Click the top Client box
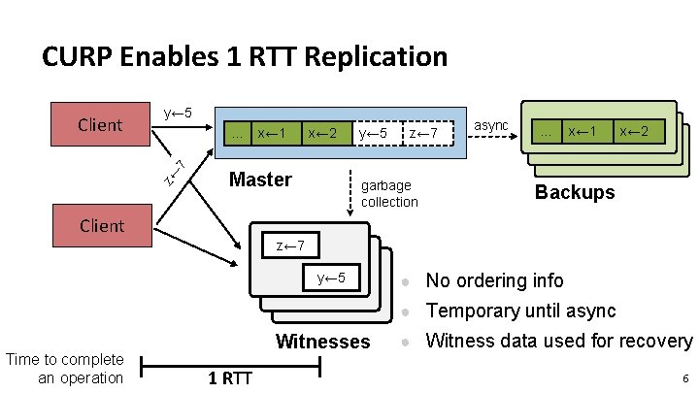101,124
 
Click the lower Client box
101,225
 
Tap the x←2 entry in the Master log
322,132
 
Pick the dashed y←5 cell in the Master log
374,132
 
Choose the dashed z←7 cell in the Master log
427,132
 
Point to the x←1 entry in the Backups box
582,130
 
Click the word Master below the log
259,180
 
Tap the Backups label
575,191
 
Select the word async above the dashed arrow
490,124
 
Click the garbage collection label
388,193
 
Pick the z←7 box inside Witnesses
290,246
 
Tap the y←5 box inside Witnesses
331,278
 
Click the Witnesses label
323,341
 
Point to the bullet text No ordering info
494,280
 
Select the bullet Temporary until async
520,311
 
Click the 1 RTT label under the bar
230,378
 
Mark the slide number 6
684,378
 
